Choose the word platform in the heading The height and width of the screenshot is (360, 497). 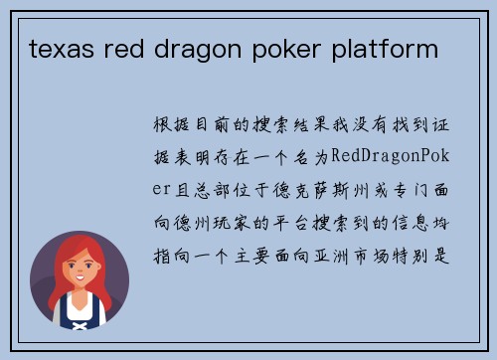click(x=380, y=47)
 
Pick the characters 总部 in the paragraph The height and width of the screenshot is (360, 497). click(x=222, y=185)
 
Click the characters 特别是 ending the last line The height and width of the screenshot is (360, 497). click(x=433, y=242)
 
